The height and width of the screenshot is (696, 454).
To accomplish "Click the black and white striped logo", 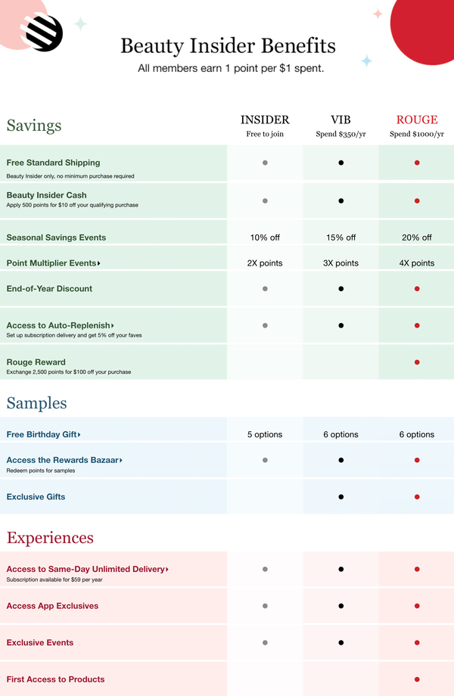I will [44, 33].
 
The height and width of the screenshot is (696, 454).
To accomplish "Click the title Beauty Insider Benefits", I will [228, 45].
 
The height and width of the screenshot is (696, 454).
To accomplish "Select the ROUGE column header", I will [417, 120].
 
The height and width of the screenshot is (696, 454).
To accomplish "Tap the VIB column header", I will [340, 120].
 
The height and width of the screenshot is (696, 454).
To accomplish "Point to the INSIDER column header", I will [265, 120].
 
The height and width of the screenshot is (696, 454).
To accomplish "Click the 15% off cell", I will [340, 238].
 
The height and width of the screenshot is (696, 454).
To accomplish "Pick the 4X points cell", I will [417, 263].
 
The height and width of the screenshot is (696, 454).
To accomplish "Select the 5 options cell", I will [265, 434].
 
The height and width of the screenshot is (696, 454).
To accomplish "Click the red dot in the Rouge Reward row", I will [417, 362].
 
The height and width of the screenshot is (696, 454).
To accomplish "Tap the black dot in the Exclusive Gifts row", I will [341, 497].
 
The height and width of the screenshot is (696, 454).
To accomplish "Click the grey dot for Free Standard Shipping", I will [265, 163].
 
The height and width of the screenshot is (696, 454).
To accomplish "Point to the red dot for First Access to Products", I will [417, 679].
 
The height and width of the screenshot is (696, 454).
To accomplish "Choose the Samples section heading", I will [36, 403].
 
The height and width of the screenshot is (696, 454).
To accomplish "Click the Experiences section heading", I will [50, 538].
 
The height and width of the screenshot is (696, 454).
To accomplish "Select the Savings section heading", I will [34, 126].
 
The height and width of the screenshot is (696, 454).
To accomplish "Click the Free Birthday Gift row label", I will [43, 434].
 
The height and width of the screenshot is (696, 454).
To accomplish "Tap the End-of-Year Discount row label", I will [49, 288].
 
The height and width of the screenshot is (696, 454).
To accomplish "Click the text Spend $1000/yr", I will [417, 135].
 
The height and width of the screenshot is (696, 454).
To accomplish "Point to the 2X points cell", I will [265, 263].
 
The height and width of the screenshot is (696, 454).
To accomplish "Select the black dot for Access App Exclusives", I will [341, 606].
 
